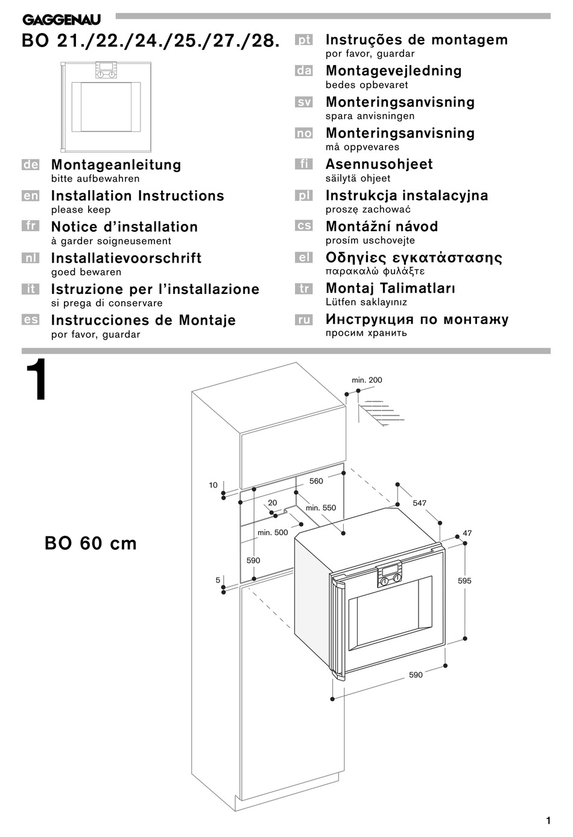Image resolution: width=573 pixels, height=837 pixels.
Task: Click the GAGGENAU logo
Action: pyautogui.click(x=62, y=20)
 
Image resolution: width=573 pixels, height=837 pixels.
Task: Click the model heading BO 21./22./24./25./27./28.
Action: pyautogui.click(x=151, y=41)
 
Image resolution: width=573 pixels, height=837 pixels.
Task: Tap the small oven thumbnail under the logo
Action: pyautogui.click(x=106, y=106)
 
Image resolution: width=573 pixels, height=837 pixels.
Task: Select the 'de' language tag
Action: pyautogui.click(x=30, y=165)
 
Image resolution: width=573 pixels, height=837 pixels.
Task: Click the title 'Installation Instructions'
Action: pyautogui.click(x=138, y=196)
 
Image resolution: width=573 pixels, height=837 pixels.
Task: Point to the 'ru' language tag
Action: pyautogui.click(x=304, y=320)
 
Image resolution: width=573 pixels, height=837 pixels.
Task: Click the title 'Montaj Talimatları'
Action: pyautogui.click(x=390, y=288)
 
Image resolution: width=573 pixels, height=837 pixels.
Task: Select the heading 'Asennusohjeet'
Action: pyautogui.click(x=379, y=164)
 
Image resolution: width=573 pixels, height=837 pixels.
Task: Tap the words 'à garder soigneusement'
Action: pyautogui.click(x=111, y=241)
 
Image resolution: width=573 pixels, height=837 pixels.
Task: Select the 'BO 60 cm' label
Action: pyautogui.click(x=90, y=544)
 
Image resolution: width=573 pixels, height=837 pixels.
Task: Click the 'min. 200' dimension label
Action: pyautogui.click(x=367, y=380)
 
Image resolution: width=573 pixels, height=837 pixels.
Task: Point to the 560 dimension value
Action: pyautogui.click(x=316, y=481)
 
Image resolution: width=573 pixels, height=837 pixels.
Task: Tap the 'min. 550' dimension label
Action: pyautogui.click(x=320, y=508)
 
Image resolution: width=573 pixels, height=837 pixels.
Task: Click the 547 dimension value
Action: pyautogui.click(x=419, y=503)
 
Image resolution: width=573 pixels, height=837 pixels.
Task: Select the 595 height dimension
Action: pyautogui.click(x=464, y=581)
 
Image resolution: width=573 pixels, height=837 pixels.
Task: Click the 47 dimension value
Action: pyautogui.click(x=467, y=533)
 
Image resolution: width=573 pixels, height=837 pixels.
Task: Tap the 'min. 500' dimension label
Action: pyautogui.click(x=273, y=532)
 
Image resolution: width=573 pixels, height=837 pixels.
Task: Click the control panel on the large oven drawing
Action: pyautogui.click(x=390, y=574)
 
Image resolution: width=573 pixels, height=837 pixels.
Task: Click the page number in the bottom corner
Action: pyautogui.click(x=548, y=821)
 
